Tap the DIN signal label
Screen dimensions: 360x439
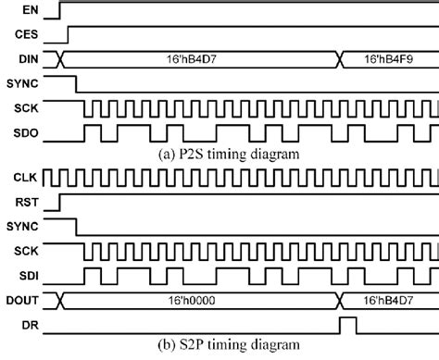coord(26,59)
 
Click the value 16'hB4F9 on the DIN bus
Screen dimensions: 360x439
coord(389,59)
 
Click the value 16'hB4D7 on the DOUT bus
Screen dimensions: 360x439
coord(389,298)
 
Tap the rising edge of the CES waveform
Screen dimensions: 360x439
coord(69,35)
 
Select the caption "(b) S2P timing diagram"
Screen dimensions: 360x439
coord(223,347)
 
